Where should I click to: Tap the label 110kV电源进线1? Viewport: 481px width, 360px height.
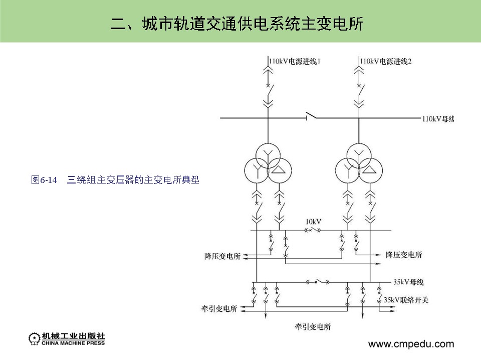(295, 61)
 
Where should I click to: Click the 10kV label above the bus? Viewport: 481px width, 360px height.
(313, 221)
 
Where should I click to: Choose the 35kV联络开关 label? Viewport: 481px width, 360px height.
(406, 300)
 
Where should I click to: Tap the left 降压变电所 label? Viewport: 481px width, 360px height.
(222, 256)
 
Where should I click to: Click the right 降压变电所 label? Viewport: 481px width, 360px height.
(404, 255)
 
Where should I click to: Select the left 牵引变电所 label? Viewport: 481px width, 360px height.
(218, 307)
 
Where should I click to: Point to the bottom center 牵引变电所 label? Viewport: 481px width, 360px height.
(313, 326)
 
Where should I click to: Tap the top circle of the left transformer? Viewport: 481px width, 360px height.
(267, 153)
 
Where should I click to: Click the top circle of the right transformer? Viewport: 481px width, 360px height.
(358, 153)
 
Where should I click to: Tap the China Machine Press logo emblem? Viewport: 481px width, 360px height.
(35, 338)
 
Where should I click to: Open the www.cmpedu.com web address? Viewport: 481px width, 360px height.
(411, 344)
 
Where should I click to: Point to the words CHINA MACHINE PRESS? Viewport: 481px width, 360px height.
(74, 343)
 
